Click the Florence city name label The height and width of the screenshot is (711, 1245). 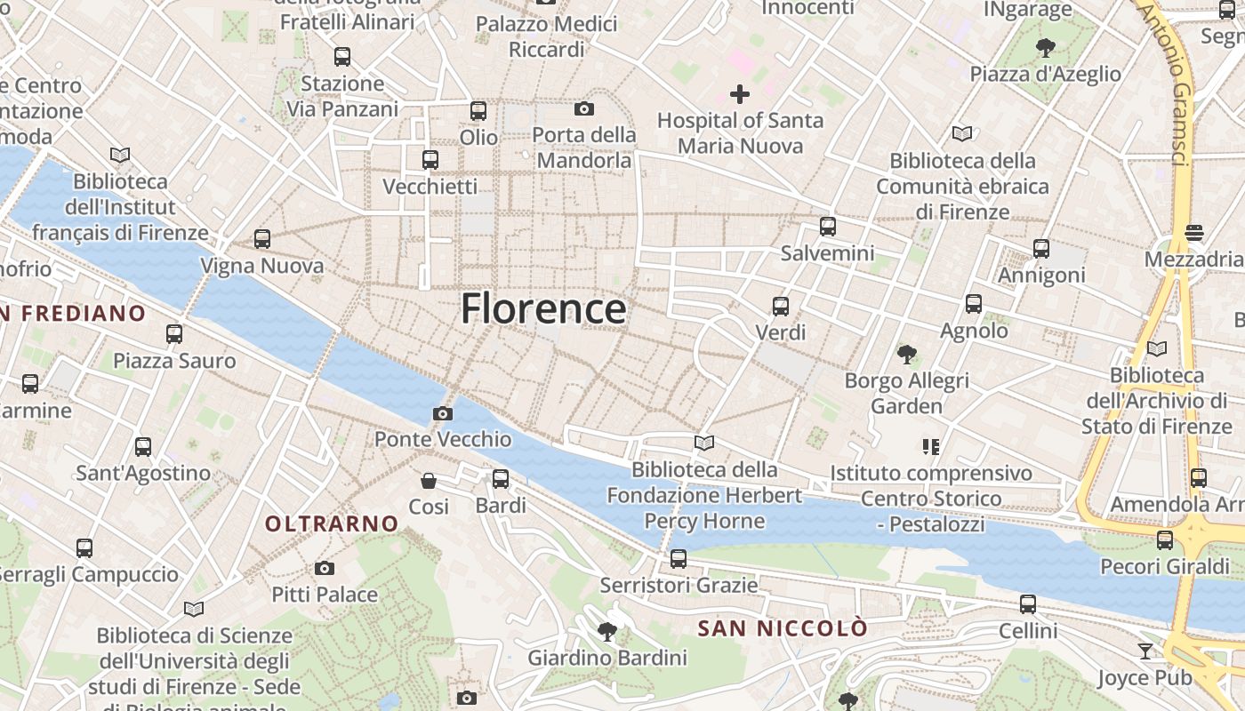[543, 309]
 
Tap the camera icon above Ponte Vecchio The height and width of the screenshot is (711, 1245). [442, 413]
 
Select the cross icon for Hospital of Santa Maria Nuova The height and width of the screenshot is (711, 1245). [739, 93]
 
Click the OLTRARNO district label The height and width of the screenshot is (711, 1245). [332, 524]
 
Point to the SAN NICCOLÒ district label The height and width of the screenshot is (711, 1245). [783, 629]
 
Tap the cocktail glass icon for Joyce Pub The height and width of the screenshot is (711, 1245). [1145, 651]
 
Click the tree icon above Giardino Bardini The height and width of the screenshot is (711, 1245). [607, 632]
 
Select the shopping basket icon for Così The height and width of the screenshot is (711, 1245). [429, 481]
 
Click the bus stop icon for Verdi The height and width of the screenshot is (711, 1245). [780, 307]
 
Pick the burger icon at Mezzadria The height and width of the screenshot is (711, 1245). [1194, 233]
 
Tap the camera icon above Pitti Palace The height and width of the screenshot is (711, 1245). [325, 568]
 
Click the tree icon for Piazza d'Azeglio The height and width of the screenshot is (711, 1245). [1046, 47]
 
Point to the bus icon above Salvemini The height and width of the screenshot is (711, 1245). [828, 227]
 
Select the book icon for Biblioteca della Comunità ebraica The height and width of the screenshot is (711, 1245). [962, 134]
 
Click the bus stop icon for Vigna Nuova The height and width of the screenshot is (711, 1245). [261, 239]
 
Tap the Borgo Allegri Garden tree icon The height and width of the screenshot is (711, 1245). [906, 355]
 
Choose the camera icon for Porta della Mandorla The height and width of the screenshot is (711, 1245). [584, 108]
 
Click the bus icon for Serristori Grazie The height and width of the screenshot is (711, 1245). [679, 559]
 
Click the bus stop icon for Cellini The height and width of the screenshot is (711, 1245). [1028, 604]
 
